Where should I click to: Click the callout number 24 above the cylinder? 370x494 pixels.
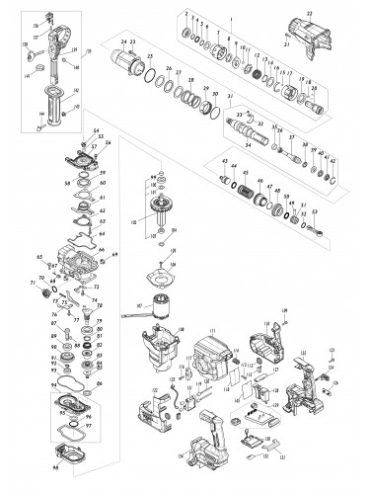123,40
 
